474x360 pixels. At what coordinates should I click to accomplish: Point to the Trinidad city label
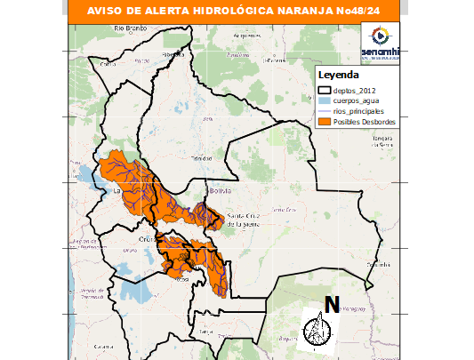[x=198, y=162]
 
